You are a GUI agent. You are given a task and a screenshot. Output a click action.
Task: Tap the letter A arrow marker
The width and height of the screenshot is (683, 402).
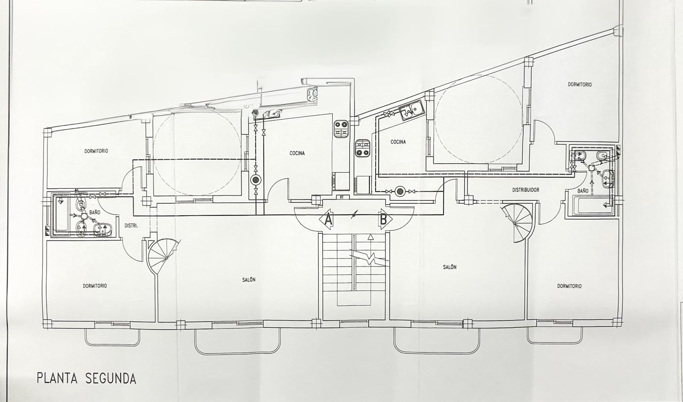coord(327,220)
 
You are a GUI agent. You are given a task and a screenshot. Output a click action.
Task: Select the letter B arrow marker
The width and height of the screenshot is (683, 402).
coord(383,220)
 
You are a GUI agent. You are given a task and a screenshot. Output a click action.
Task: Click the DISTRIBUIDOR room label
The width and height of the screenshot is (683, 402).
coord(525,190)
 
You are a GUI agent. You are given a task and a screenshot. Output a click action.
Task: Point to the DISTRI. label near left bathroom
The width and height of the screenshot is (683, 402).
coord(131,226)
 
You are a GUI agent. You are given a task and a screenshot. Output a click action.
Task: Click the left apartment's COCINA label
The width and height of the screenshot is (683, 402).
coord(297,153)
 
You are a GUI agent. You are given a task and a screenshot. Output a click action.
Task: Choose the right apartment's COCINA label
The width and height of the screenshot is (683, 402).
coord(398,142)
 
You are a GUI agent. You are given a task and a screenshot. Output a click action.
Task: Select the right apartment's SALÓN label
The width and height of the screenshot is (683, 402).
coord(449,267)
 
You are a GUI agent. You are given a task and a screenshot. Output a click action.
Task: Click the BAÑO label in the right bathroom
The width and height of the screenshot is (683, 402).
coord(583,191)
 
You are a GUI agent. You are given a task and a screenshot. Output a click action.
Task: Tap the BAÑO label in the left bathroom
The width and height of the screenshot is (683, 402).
coord(95,212)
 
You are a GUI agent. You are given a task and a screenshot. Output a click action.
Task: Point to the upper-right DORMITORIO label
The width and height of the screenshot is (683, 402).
coord(580,85)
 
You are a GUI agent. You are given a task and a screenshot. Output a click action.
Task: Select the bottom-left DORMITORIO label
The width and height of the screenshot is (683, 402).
coord(95,286)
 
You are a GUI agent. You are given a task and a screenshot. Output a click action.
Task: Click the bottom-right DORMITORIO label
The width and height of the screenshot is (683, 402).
coord(569,286)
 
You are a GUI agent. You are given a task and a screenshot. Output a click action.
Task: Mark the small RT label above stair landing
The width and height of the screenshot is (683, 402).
coord(341,197)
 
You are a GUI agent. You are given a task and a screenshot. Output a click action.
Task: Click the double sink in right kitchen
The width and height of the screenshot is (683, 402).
coord(411,112)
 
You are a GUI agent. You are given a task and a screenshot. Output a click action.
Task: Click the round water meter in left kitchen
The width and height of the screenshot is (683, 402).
coord(255,180)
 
